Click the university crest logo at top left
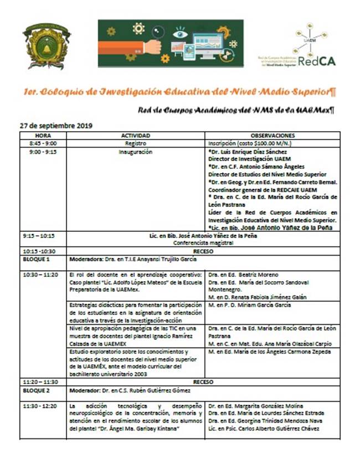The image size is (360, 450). point(46,45)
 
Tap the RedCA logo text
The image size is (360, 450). point(316,61)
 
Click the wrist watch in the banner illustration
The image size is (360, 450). point(158,44)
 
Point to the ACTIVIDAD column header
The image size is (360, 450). point(135,135)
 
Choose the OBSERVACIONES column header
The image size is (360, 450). point(272,135)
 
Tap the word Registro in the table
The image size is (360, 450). point(135,143)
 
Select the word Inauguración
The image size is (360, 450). point(135,151)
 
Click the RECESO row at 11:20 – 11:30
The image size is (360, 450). point(203,382)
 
